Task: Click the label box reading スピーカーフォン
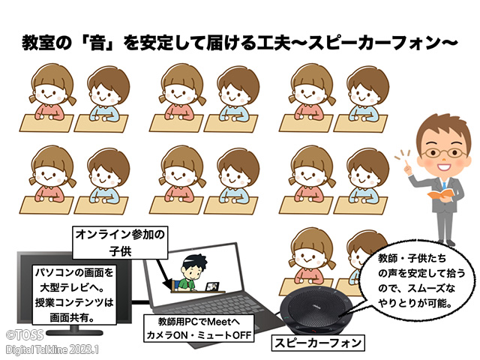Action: pos(318,343)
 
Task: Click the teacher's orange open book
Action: pos(441,194)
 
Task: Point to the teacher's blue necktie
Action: pos(444,185)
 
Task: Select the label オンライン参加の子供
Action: pos(120,243)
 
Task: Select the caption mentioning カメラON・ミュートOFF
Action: pos(199,328)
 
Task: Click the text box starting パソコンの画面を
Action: pos(74,295)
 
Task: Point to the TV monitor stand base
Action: pos(74,331)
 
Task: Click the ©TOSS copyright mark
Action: pos(25,335)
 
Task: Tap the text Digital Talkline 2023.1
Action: pos(52,349)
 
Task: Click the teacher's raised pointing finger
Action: pos(406,163)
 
